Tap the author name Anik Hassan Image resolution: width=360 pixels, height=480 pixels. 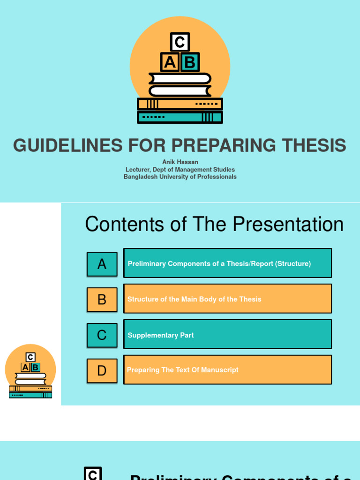tap(180, 162)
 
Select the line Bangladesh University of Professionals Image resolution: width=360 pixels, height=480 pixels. tap(180, 177)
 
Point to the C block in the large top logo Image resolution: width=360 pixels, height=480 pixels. tap(180, 42)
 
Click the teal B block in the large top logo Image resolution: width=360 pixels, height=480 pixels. tap(189, 62)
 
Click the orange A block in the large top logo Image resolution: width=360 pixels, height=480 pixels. tap(170, 62)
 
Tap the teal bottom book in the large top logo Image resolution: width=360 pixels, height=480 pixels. tap(180, 117)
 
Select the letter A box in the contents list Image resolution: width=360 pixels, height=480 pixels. tap(102, 264)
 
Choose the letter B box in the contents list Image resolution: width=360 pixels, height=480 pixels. tap(102, 300)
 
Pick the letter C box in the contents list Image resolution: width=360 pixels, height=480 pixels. tap(102, 335)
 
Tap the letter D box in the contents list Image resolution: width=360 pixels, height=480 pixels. tap(102, 371)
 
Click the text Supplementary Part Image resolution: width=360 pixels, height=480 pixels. tap(160, 335)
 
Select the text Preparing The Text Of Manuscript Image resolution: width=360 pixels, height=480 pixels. tap(183, 370)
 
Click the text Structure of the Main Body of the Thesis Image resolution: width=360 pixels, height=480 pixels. tap(194, 299)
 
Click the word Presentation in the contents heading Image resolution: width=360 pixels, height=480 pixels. tap(288, 225)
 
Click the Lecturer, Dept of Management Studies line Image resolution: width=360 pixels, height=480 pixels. tap(180, 170)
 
